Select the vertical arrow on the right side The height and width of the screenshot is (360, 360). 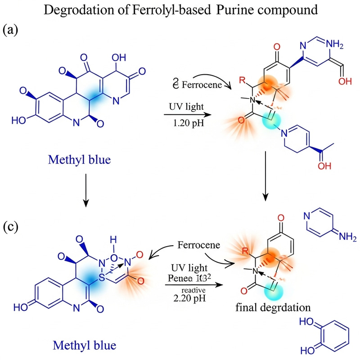point(266,178)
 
